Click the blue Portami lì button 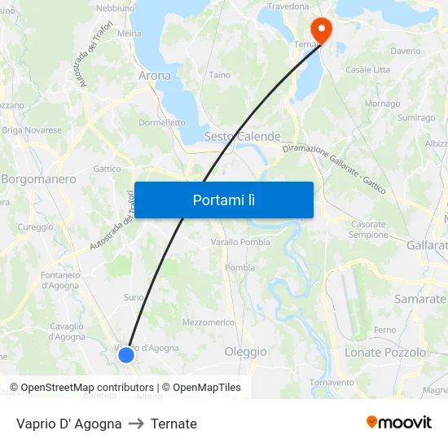(224, 200)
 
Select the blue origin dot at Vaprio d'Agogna (125, 354)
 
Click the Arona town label (155, 76)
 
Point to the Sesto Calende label (243, 137)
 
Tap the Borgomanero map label (38, 179)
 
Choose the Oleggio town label (245, 352)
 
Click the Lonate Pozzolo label (385, 353)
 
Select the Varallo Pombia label (240, 243)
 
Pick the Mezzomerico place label (209, 323)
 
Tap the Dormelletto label (162, 123)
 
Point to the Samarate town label (420, 299)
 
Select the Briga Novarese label (32, 130)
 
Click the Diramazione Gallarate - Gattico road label (334, 169)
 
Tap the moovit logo (399, 423)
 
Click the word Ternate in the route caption (173, 424)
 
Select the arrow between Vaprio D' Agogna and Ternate (136, 424)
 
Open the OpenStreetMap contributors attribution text (84, 388)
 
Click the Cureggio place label (35, 227)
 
